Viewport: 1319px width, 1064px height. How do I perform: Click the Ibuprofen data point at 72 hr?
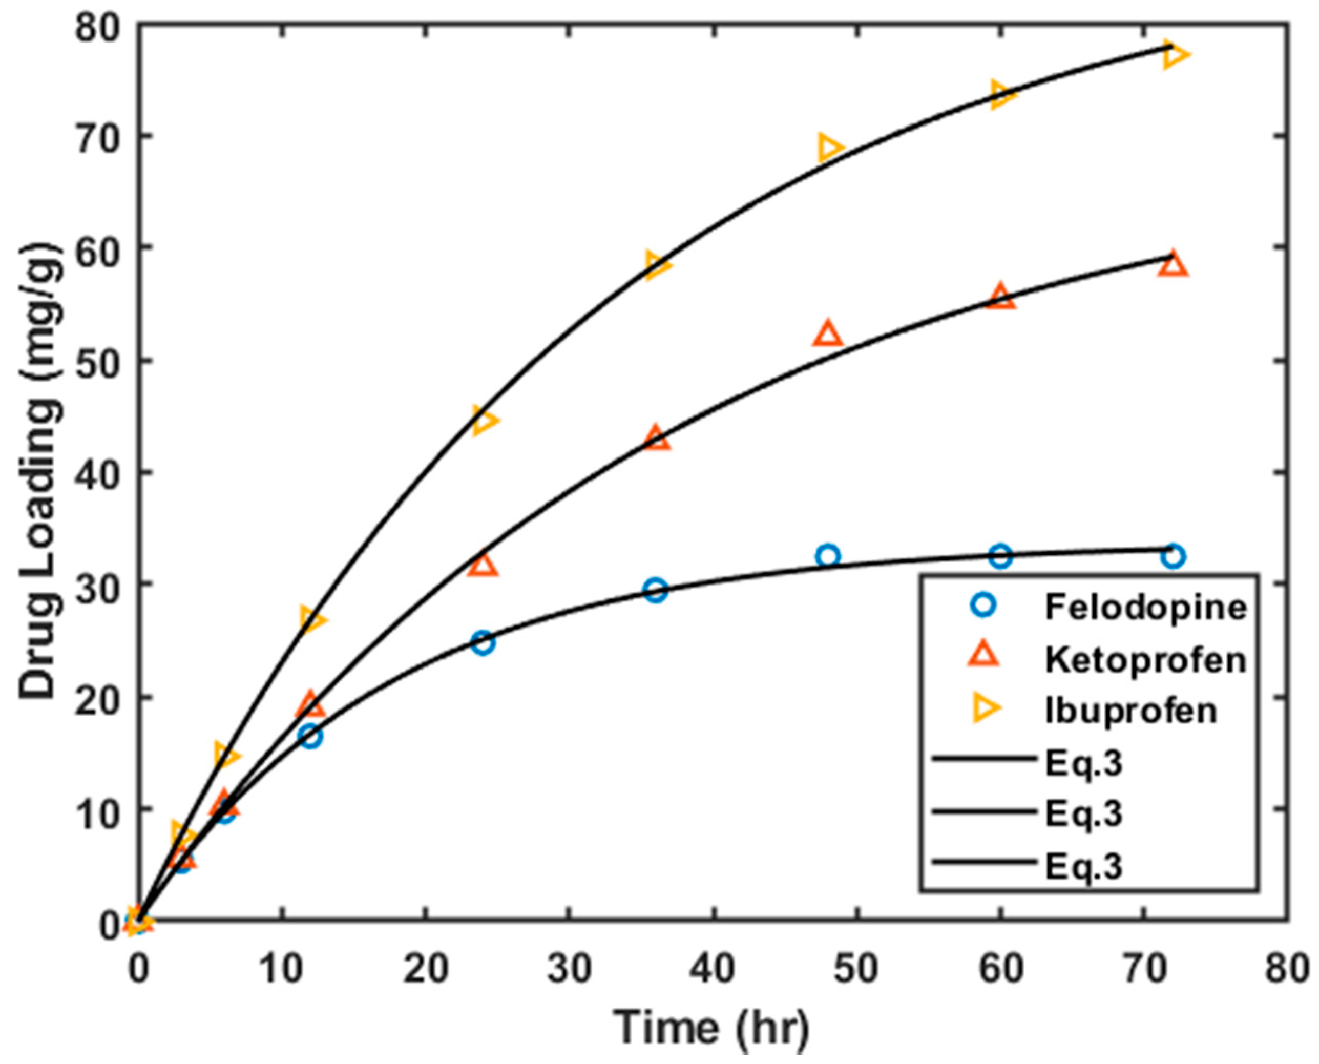[1172, 55]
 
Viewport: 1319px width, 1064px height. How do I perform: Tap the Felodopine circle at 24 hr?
[483, 643]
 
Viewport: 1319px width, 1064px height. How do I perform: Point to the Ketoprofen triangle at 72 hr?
[1173, 265]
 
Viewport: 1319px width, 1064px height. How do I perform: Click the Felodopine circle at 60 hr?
[1000, 556]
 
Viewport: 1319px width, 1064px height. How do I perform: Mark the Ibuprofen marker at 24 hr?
[483, 420]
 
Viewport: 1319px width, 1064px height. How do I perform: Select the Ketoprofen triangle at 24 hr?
[483, 565]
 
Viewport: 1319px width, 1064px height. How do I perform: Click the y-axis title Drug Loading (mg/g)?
[41, 472]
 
